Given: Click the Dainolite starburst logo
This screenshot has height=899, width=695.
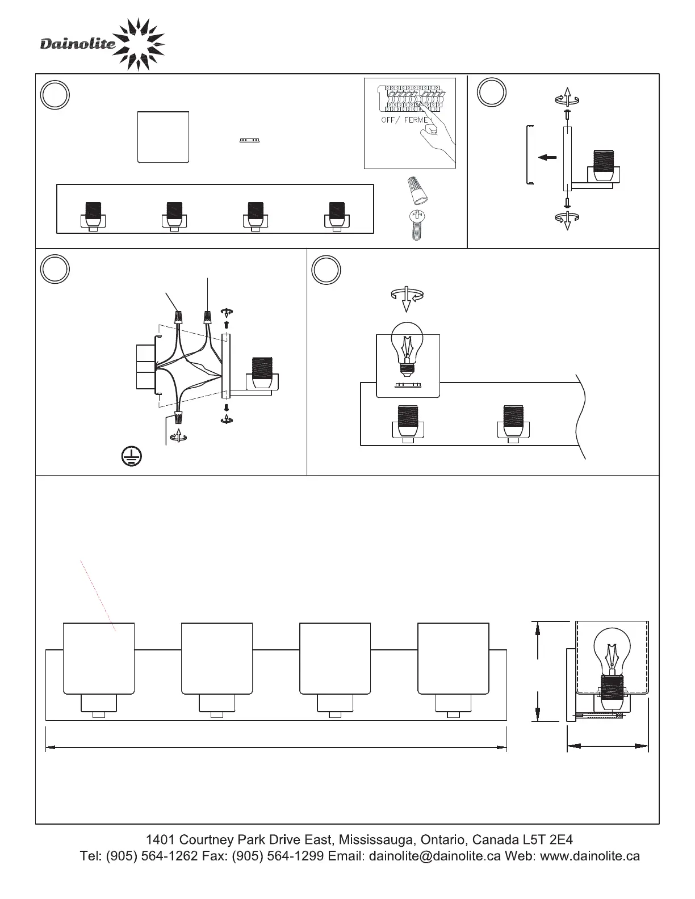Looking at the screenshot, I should point(139,45).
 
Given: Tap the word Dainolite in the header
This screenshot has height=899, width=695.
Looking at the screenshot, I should point(78,43).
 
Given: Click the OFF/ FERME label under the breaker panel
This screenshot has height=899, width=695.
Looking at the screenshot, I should point(405,120).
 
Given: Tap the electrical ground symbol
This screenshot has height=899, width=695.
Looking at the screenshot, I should point(132,456).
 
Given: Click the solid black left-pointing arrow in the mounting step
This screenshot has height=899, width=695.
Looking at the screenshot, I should point(547,157).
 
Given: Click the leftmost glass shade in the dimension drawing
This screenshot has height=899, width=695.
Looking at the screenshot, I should point(99,658).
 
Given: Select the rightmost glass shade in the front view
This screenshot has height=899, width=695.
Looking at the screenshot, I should point(453,658).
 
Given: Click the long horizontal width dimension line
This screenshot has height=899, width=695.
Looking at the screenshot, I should point(276,747).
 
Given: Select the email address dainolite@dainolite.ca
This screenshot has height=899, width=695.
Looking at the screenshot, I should point(435,856).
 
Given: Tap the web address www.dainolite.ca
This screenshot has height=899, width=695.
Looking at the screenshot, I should point(590,856).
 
